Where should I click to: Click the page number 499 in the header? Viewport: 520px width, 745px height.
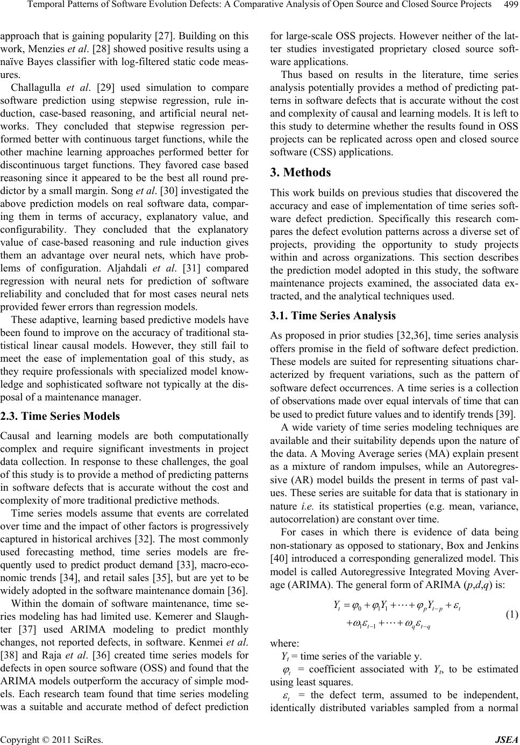tap(509, 5)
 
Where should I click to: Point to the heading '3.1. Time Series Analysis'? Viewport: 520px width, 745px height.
tap(333, 316)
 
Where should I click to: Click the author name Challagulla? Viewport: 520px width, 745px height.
tap(38, 87)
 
